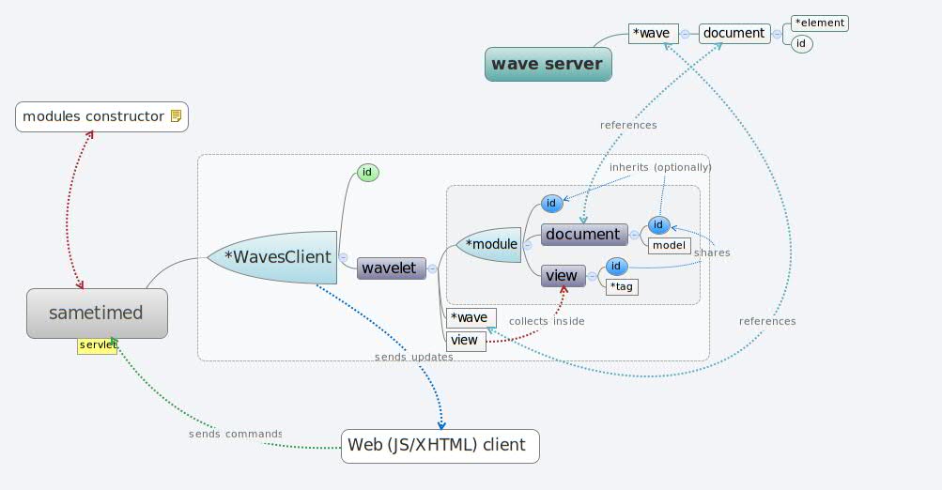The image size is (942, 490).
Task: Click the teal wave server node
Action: [548, 64]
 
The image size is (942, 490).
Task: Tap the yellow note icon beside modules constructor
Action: [175, 116]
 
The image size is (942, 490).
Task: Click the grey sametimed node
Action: [97, 313]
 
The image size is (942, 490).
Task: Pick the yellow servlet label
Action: [98, 345]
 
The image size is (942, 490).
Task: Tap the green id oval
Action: [368, 173]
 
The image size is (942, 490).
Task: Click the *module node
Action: [489, 244]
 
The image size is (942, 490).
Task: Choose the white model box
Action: [670, 244]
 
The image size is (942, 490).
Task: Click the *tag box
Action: [621, 286]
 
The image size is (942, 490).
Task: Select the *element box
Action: [819, 23]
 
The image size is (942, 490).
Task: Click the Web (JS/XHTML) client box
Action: [440, 445]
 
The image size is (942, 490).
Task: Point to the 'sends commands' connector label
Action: [235, 434]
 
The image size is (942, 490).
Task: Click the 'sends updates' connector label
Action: [413, 357]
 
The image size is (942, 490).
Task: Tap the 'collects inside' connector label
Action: [547, 321]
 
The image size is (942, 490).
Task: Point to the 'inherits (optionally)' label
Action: [660, 167]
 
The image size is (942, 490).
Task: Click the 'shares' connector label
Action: [712, 253]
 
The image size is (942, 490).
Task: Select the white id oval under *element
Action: [801, 43]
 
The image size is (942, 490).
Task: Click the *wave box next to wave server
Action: [653, 33]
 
